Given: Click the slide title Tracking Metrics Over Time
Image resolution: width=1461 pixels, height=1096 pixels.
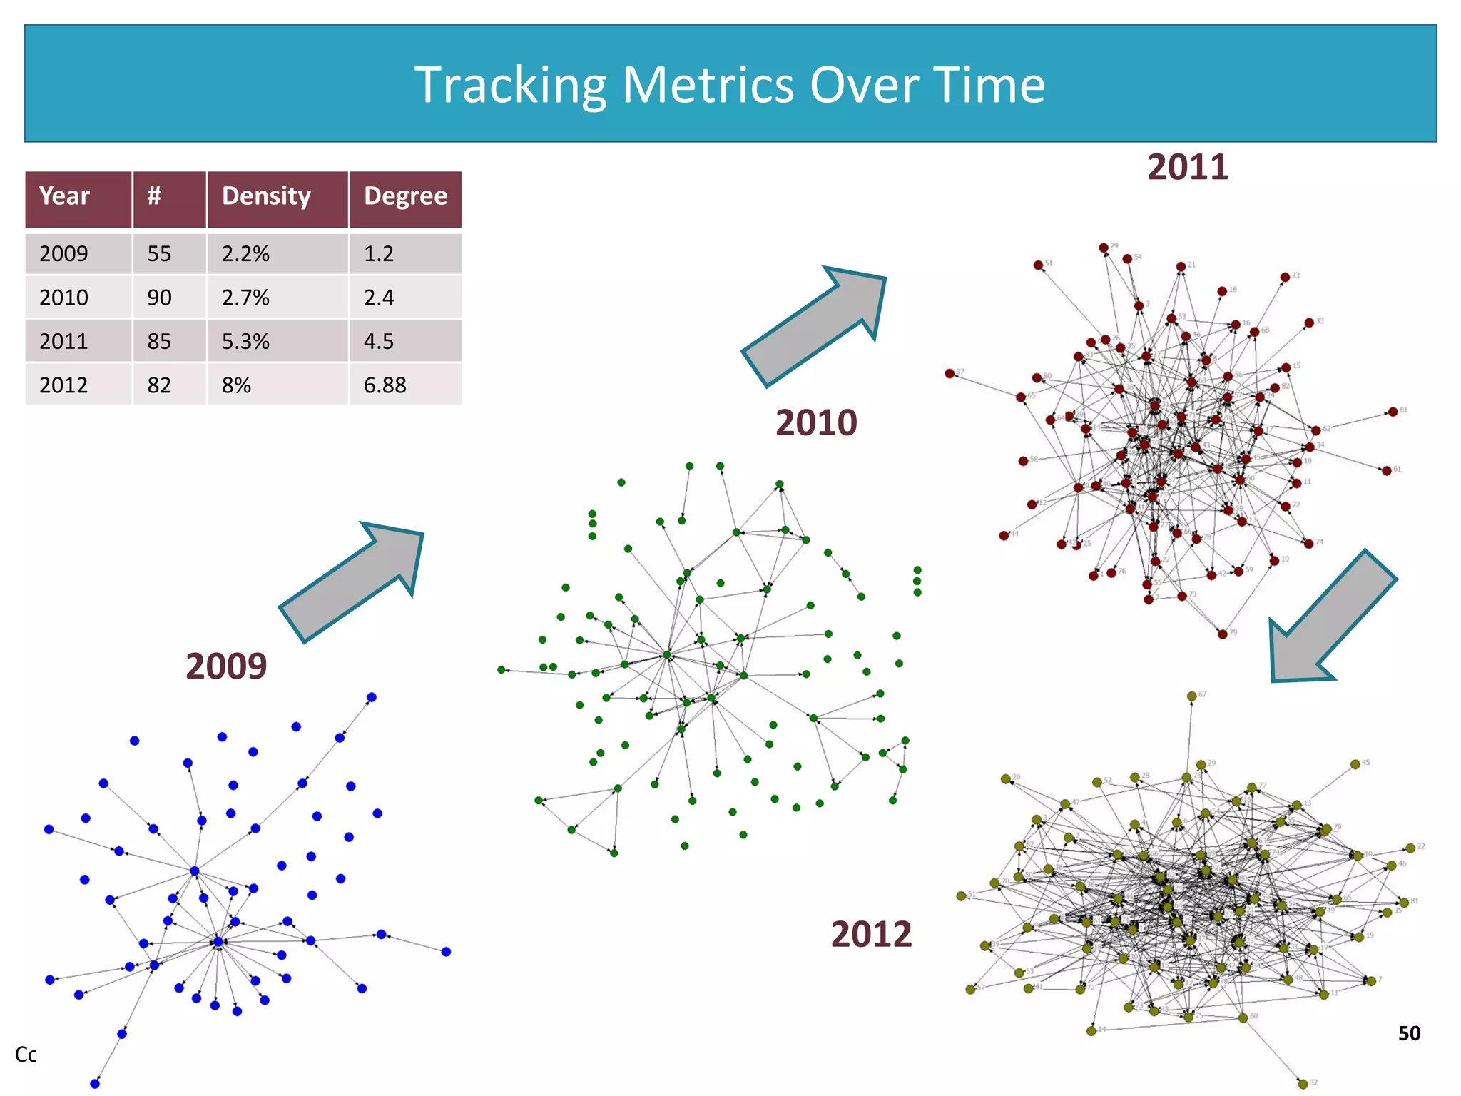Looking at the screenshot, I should [730, 85].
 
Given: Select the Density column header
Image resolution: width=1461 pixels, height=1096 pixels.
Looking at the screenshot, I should [266, 196].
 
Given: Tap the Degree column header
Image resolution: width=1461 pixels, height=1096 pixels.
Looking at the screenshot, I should [405, 196].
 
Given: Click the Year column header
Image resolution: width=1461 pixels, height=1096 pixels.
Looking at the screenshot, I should [64, 196].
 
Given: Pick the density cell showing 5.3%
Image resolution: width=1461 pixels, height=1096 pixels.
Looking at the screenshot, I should [245, 341].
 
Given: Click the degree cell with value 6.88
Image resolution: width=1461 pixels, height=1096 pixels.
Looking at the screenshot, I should [385, 385].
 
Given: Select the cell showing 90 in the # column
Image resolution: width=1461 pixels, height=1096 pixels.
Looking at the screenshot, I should [159, 298].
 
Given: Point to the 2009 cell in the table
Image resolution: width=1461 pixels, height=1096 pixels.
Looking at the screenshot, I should [63, 253].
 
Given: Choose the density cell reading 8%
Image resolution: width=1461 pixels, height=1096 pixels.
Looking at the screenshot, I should [236, 385].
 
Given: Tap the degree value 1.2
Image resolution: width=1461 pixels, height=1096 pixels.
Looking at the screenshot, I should [379, 253].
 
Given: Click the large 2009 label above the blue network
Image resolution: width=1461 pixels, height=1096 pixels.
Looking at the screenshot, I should [226, 666].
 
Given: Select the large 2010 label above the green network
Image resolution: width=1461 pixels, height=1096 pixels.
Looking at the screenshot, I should [816, 422].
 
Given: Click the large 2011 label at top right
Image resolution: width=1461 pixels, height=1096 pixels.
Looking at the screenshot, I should [1188, 167].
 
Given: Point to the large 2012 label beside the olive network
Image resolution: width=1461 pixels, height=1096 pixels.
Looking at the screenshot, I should [871, 934].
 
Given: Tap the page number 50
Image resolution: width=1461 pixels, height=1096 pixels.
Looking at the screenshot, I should [1409, 1033].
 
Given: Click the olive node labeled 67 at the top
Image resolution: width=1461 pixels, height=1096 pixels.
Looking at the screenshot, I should [1191, 696].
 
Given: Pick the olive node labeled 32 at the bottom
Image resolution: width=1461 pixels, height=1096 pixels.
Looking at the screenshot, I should [1303, 1084].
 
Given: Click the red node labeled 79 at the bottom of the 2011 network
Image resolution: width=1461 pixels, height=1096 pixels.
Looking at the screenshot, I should [1222, 634].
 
